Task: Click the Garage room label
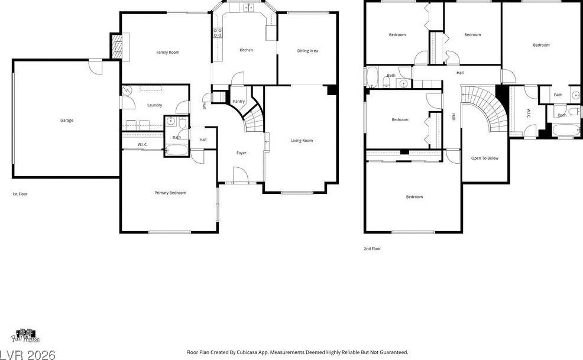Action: click(x=67, y=120)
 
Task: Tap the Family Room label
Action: click(x=168, y=53)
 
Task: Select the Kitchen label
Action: click(x=246, y=50)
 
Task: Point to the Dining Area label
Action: click(x=307, y=51)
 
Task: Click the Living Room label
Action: click(x=302, y=141)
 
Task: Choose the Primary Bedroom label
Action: click(x=170, y=193)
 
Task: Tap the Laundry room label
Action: click(x=155, y=105)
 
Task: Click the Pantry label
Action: click(x=239, y=102)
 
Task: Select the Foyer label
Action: click(x=241, y=153)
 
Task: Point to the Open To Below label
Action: click(x=485, y=158)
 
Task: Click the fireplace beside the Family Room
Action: click(x=116, y=46)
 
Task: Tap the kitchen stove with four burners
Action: click(x=218, y=33)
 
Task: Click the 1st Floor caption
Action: click(x=20, y=194)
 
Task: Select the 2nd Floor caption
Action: click(x=372, y=249)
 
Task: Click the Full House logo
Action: click(x=25, y=336)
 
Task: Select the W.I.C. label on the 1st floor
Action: click(x=142, y=144)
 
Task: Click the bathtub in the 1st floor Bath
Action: click(x=177, y=150)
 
